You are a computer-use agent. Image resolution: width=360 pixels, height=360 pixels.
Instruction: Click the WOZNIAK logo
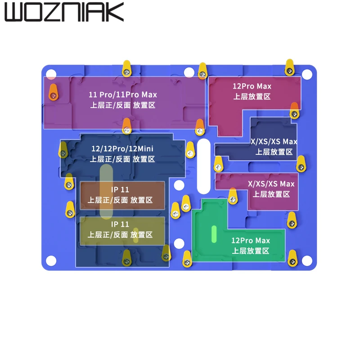[x=64, y=12]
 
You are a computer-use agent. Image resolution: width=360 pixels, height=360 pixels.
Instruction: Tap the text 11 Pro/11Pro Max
[x=123, y=94]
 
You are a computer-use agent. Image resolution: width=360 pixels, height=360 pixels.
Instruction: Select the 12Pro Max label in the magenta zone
[x=252, y=86]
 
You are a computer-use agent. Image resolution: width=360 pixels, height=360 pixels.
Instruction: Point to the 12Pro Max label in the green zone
[x=251, y=240]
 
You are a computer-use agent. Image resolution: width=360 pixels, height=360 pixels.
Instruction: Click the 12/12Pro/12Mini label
[x=122, y=149]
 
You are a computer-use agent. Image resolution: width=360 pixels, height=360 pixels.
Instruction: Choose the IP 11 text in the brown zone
[x=120, y=189]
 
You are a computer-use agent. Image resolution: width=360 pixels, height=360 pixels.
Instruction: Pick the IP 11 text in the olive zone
[x=120, y=224]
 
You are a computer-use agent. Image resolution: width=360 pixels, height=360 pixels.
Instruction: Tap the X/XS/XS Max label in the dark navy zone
[x=274, y=141]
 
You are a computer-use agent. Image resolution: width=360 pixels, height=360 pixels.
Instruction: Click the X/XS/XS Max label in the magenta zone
[x=271, y=184]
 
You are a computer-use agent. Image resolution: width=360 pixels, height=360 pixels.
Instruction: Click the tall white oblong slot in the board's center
[x=204, y=166]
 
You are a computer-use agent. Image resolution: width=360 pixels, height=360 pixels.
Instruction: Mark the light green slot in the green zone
[x=214, y=234]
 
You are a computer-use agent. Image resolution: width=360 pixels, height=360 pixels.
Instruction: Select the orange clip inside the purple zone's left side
[x=53, y=92]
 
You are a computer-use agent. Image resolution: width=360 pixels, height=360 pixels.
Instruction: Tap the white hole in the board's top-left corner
[x=51, y=74]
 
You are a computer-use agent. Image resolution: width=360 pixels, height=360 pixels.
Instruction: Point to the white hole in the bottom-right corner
[x=307, y=261]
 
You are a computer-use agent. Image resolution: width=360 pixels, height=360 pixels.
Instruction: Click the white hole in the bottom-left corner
[x=51, y=261]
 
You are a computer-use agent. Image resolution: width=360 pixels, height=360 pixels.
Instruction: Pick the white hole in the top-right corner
[x=307, y=74]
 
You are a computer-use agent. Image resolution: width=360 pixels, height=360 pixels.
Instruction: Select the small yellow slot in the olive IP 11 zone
[x=136, y=235]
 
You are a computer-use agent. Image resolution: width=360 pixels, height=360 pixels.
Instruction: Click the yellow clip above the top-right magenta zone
[x=290, y=68]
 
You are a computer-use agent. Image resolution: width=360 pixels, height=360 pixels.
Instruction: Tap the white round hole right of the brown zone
[x=179, y=185]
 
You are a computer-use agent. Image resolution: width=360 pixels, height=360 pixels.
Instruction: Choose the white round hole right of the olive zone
[x=179, y=243]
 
